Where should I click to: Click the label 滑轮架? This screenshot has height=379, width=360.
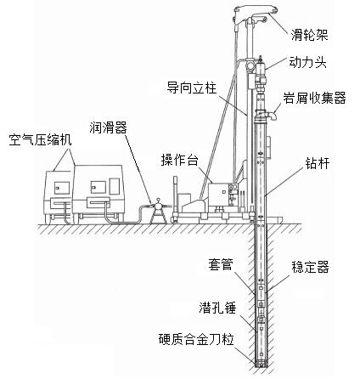[310, 36]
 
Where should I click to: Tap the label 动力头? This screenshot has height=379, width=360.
[307, 62]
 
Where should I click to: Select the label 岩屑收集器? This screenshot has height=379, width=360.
[314, 98]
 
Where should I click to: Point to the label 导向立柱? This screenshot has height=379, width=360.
[192, 88]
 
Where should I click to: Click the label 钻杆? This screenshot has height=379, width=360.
[318, 163]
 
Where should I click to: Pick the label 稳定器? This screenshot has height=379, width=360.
[310, 267]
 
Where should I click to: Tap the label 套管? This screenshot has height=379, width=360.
[221, 264]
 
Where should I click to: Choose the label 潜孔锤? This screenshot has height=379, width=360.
[217, 308]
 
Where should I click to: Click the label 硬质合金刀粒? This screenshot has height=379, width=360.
[196, 339]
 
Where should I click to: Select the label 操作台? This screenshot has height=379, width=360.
[179, 160]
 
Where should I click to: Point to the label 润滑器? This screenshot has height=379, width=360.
[109, 127]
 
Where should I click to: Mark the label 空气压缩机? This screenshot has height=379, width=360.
[40, 139]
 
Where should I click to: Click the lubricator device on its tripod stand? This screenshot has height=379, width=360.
[159, 211]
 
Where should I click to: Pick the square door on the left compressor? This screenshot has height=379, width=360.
[62, 188]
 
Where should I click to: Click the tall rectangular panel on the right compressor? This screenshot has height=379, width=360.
[115, 186]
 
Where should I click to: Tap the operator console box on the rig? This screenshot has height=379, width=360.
[218, 195]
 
